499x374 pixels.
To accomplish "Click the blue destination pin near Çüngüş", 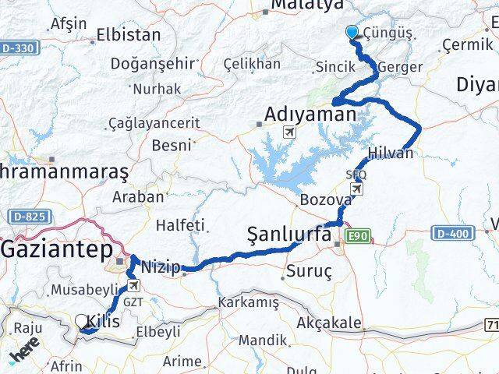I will pyautogui.click(x=352, y=32).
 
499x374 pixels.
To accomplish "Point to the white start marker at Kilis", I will pyautogui.click(x=82, y=320).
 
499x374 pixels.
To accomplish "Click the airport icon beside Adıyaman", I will pyautogui.click(x=290, y=132).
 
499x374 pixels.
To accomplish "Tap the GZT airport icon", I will pyautogui.click(x=134, y=286).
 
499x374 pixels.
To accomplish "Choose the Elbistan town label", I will pyautogui.click(x=129, y=34).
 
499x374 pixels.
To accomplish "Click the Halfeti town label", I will pyautogui.click(x=180, y=224).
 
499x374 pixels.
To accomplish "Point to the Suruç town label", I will pyautogui.click(x=310, y=272).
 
